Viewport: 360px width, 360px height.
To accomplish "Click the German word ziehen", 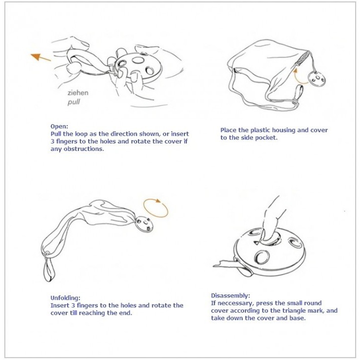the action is coord(78,93).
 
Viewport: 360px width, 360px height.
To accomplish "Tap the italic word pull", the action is coord(73,102).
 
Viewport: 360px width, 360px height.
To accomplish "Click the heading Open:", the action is coord(59,126).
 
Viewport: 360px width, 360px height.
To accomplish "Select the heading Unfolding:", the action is coord(66,298).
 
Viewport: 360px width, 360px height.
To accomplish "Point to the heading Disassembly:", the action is coord(230,295).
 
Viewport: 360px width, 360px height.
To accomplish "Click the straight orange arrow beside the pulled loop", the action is coord(40,57).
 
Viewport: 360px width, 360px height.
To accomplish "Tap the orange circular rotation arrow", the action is coord(156,208).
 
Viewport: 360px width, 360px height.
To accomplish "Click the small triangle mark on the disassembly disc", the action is coord(256,242).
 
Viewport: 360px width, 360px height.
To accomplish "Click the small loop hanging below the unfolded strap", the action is coord(48,269).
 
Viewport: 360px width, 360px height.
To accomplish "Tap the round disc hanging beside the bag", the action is coord(317,79).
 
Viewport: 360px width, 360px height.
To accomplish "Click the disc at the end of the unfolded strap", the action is coord(144,224).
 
